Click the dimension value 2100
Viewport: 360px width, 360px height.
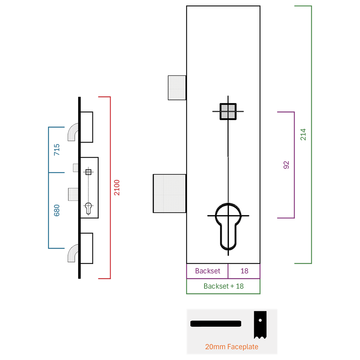[x=117, y=187]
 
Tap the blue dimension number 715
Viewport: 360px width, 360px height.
[x=57, y=149]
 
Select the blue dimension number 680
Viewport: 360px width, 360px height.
[x=57, y=210]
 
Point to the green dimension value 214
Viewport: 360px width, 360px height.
[x=303, y=134]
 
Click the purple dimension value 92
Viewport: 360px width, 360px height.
[x=286, y=165]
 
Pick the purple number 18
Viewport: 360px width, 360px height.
[x=244, y=271]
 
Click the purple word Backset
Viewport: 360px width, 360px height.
[x=207, y=271]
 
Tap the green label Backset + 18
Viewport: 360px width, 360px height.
[x=224, y=286]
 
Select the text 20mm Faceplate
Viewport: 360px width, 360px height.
[x=232, y=347]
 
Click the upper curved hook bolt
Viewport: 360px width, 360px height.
[x=72, y=132]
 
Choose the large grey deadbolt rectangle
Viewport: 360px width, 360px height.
[x=170, y=193]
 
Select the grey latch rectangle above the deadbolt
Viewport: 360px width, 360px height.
[x=177, y=87]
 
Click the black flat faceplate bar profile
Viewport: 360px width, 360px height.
[x=216, y=324]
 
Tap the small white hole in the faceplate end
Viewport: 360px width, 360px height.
[x=260, y=320]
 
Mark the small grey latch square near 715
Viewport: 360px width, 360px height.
[x=76, y=168]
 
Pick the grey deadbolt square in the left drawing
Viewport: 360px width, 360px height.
[x=73, y=194]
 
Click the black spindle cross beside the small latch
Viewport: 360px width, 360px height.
[x=88, y=172]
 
